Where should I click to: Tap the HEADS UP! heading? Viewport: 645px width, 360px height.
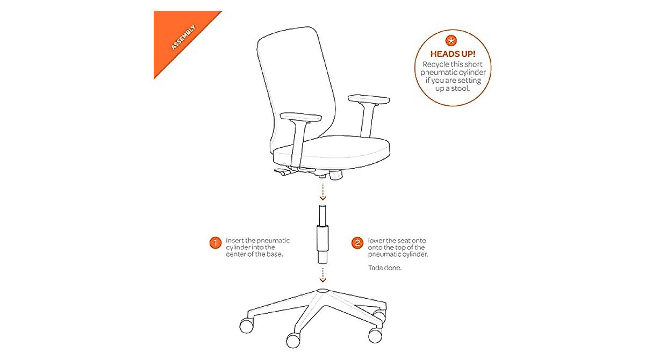coord(453,54)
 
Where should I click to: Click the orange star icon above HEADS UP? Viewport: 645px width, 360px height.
coord(453,40)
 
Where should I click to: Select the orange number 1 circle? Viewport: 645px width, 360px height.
coord(215,243)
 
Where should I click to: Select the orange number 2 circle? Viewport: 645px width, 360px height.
coord(357,243)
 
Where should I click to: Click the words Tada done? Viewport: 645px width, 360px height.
coord(385,267)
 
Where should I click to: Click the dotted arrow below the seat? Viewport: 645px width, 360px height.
coord(322,191)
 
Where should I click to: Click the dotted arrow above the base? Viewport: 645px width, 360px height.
coord(322,273)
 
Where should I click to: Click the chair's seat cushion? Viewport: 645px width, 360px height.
coord(333,150)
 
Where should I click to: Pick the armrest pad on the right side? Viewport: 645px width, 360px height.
coord(369,99)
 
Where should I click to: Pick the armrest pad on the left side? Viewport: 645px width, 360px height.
coord(301,117)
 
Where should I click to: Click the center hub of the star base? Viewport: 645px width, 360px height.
coord(322,291)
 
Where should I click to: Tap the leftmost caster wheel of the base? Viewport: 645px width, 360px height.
coord(247,325)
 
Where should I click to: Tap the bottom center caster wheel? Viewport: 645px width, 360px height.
coord(293,340)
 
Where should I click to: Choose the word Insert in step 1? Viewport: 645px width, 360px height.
coord(234,240)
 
